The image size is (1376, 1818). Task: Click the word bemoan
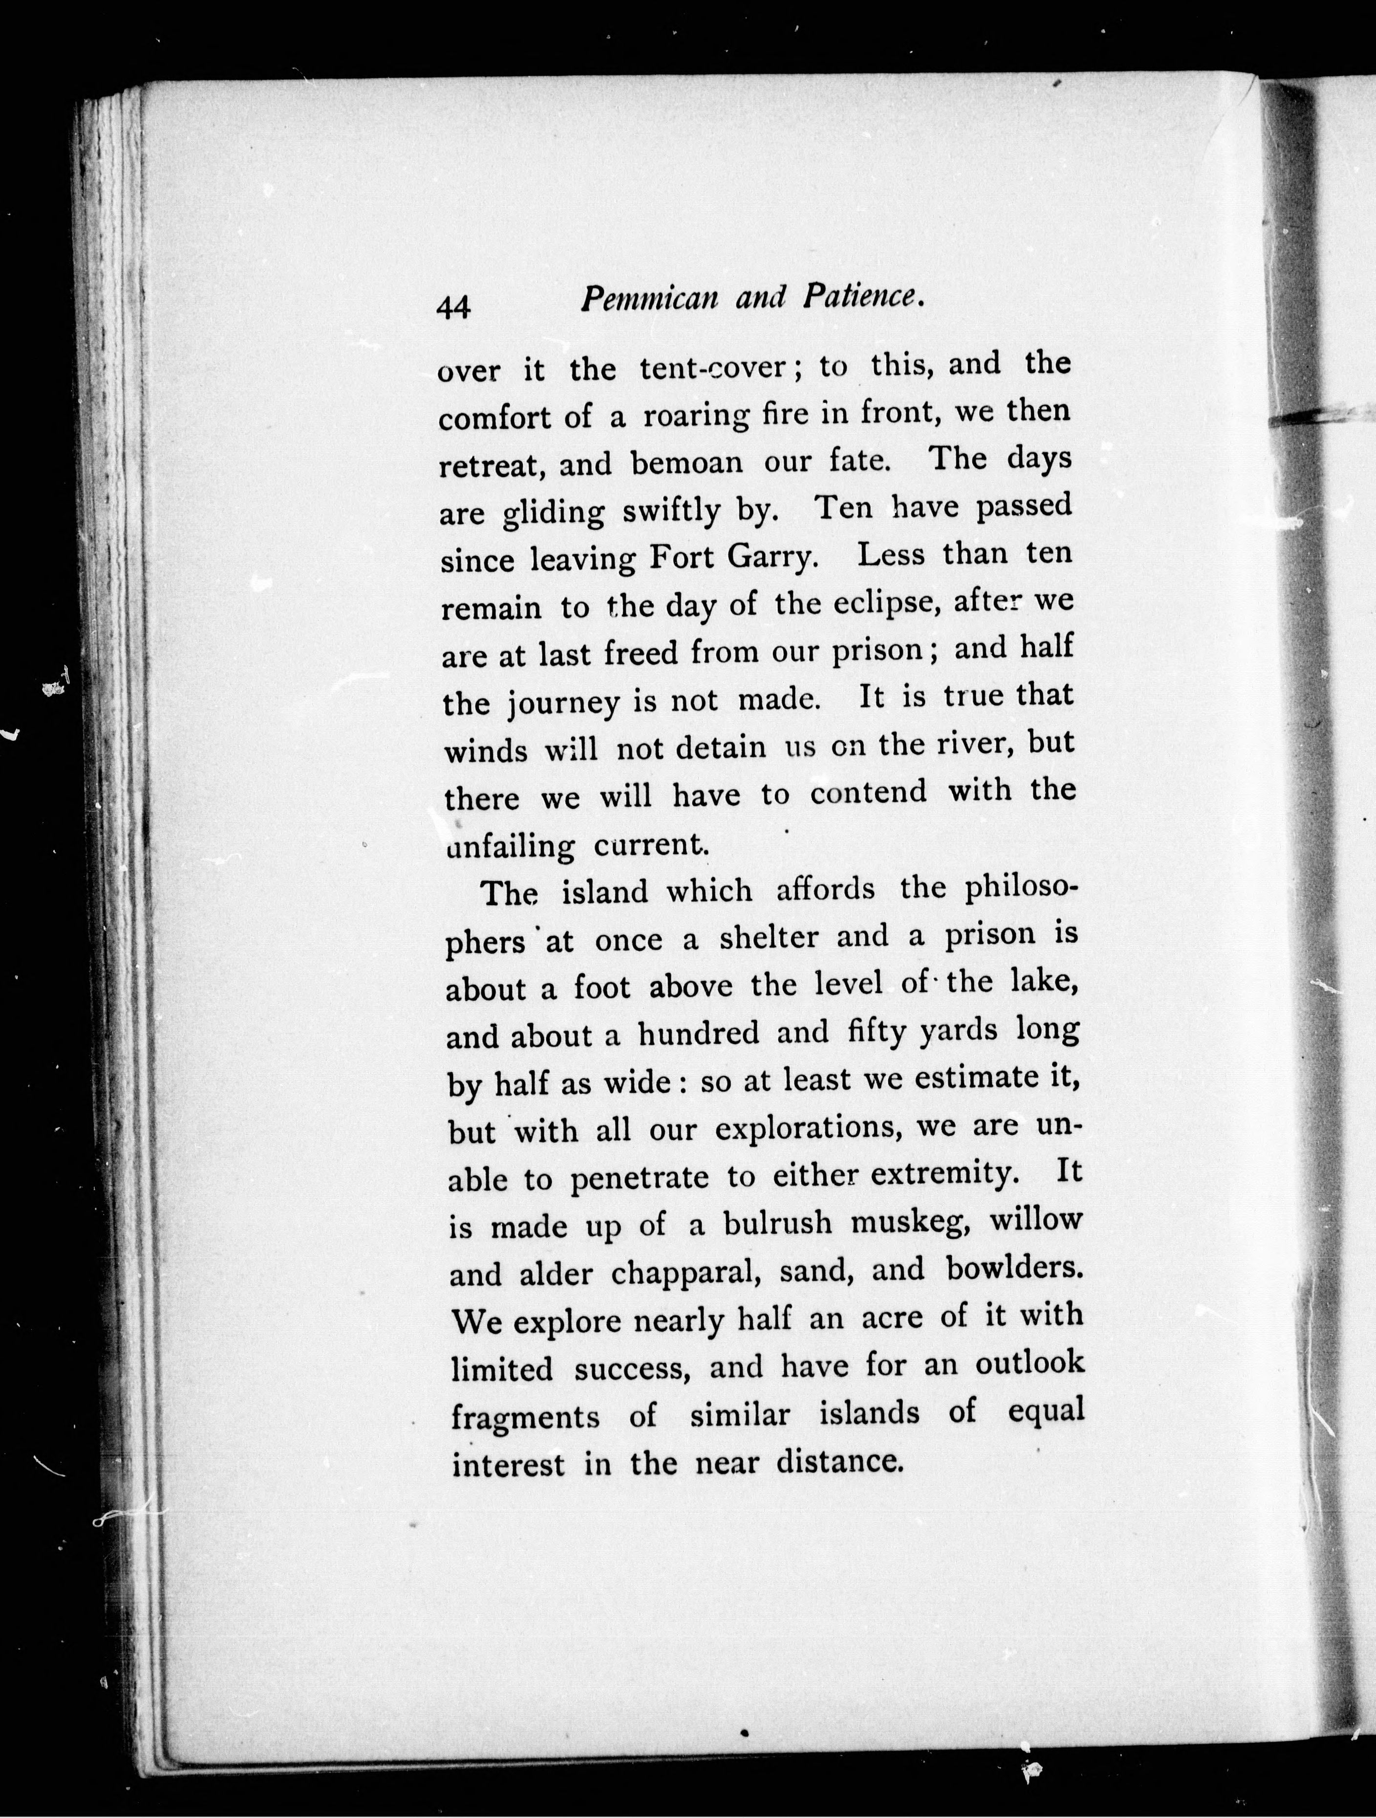687,463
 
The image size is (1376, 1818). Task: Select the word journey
563,704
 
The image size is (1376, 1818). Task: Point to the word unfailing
510,846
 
